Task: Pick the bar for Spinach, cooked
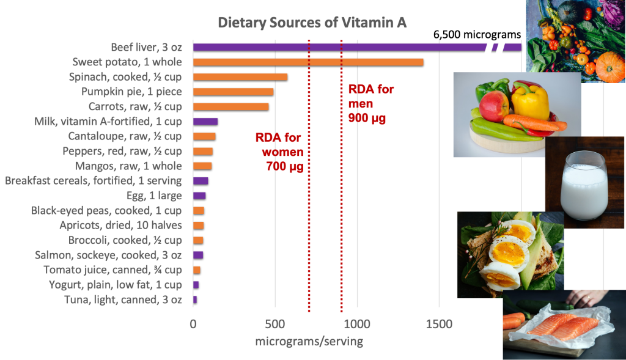click(240, 76)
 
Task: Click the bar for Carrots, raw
click(230, 106)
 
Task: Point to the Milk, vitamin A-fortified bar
click(205, 121)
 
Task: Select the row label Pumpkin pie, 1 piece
click(131, 92)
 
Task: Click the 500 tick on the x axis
click(275, 324)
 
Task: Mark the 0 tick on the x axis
click(193, 324)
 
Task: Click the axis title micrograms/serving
click(309, 342)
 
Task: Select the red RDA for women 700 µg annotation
click(282, 151)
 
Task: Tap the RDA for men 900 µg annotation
click(370, 103)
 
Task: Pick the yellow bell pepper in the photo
click(530, 101)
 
